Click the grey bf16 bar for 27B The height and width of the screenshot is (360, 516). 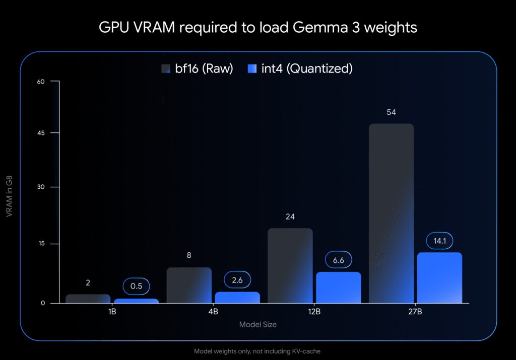click(x=391, y=213)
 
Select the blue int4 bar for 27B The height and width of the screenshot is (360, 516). click(x=439, y=278)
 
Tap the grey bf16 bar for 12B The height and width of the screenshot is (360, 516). click(x=290, y=266)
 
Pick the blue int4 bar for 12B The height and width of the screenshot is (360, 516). click(x=338, y=287)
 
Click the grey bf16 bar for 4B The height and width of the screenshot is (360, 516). click(x=188, y=285)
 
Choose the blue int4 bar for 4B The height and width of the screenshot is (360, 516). click(x=237, y=298)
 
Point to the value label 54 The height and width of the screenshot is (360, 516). click(x=391, y=112)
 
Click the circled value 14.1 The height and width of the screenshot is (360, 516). click(x=439, y=241)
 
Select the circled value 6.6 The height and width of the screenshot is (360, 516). click(x=338, y=260)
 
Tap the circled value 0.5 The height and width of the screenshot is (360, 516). click(x=136, y=286)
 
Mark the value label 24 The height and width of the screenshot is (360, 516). click(x=290, y=217)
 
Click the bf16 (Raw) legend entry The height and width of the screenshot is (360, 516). click(x=197, y=69)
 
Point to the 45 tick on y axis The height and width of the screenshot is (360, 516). click(x=41, y=133)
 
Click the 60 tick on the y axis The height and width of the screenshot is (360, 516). click(x=41, y=81)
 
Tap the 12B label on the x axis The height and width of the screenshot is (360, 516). click(x=314, y=312)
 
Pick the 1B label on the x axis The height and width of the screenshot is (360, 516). click(x=112, y=312)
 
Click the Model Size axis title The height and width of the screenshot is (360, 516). click(x=257, y=325)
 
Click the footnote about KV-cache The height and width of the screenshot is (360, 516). click(x=257, y=351)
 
